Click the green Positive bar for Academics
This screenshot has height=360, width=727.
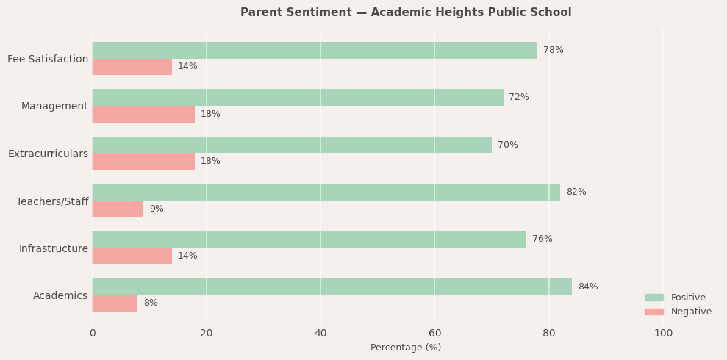tap(332, 287)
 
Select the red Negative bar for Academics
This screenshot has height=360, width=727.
tap(115, 303)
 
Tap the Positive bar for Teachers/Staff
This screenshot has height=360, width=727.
tap(326, 192)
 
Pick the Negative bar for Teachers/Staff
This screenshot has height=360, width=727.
tap(118, 209)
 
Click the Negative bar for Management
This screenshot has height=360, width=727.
tap(143, 114)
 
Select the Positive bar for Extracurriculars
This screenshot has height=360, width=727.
tap(292, 145)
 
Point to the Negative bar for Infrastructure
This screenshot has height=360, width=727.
tap(132, 256)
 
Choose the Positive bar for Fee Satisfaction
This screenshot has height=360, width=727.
tap(315, 50)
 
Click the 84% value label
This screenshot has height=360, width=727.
tap(587, 287)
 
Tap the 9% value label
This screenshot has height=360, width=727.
tap(157, 209)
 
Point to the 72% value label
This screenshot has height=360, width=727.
tap(518, 97)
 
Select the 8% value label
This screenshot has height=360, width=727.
tap(151, 303)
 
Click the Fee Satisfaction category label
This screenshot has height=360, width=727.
tap(48, 59)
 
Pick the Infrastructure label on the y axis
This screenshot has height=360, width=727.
tap(53, 248)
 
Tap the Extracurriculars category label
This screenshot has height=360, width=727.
tap(48, 154)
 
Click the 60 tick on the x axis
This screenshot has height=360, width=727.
tap(434, 334)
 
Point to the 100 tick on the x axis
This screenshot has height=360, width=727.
tap(663, 334)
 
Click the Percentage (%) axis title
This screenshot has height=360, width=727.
tap(406, 348)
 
